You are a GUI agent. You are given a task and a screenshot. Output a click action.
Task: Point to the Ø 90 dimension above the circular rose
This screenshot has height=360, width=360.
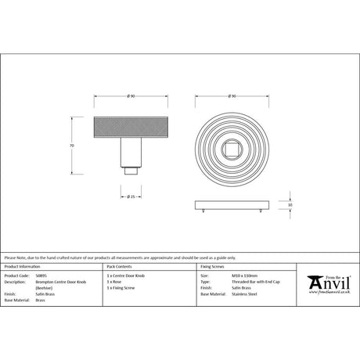(232, 95)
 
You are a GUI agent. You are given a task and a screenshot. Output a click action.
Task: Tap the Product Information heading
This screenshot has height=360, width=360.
(23, 268)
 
